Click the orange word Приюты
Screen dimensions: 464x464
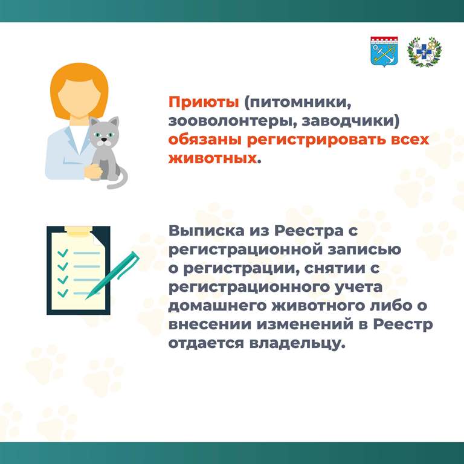point(204,103)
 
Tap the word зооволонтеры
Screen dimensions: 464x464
point(233,121)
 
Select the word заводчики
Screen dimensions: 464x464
point(350,121)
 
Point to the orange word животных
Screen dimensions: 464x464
point(213,158)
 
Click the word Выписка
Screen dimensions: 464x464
point(207,231)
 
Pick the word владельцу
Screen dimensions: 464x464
point(297,343)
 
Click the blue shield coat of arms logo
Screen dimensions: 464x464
point(384,52)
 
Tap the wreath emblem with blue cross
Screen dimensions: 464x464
point(424,52)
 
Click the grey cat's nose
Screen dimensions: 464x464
point(104,139)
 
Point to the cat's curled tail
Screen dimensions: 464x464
point(119,179)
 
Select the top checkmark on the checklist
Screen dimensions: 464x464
point(63,253)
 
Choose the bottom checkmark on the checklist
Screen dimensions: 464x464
point(63,293)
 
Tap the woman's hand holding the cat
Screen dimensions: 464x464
point(93,172)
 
